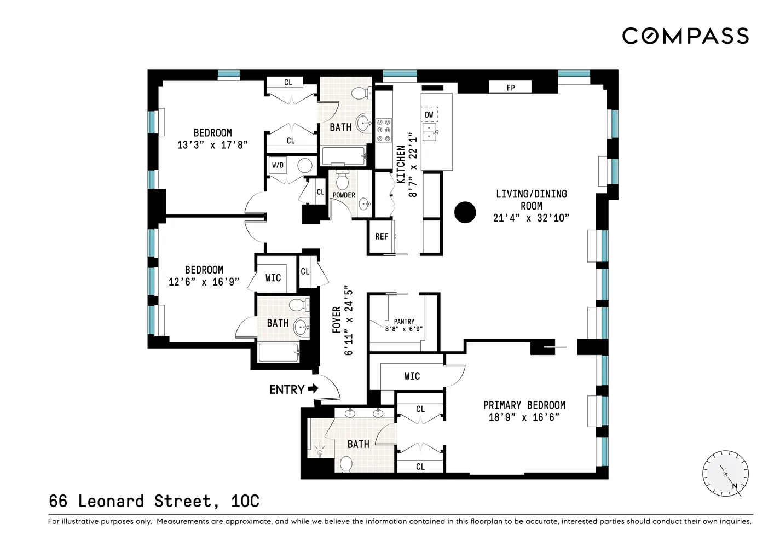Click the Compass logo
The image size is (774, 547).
(x=685, y=36)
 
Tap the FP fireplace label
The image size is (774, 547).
(x=510, y=88)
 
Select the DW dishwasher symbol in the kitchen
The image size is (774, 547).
(x=429, y=114)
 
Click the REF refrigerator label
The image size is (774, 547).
(x=382, y=236)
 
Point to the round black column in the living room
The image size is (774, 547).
(x=465, y=212)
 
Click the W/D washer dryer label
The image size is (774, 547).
(x=278, y=165)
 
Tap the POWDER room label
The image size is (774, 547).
(x=344, y=195)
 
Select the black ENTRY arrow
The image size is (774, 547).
(x=313, y=389)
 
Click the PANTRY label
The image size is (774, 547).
(x=404, y=322)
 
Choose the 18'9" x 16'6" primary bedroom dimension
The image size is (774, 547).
(x=524, y=417)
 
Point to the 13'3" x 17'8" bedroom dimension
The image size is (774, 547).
(x=212, y=145)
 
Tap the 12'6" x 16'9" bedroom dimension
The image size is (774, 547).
(x=204, y=282)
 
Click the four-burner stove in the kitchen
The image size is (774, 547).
(x=383, y=131)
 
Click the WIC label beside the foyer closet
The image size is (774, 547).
(x=273, y=278)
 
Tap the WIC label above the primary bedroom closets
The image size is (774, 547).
(x=412, y=376)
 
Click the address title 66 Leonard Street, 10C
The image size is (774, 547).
(x=154, y=501)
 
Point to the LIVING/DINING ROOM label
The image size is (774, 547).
(x=531, y=200)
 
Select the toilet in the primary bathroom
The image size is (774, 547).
(x=346, y=464)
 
